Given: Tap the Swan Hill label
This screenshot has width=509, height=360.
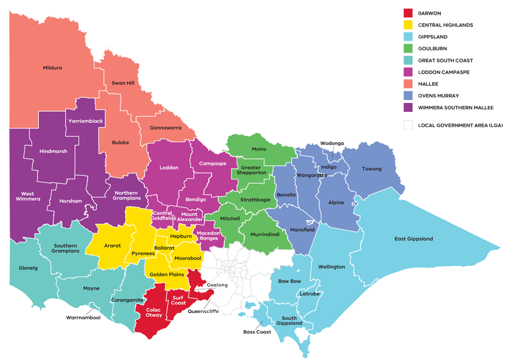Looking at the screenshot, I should pyautogui.click(x=123, y=83).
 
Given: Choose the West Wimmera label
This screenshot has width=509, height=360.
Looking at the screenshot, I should pyautogui.click(x=27, y=196).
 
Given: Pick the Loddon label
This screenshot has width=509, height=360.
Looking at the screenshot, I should pyautogui.click(x=169, y=168).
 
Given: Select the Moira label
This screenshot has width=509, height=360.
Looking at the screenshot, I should pyautogui.click(x=260, y=149).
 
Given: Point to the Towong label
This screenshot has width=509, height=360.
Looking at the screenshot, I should pyautogui.click(x=372, y=169).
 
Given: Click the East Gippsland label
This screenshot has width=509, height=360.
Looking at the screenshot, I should pyautogui.click(x=414, y=239).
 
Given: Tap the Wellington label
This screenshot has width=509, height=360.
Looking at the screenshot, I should pyautogui.click(x=331, y=267).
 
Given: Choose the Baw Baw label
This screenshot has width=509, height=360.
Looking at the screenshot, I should pyautogui.click(x=289, y=280).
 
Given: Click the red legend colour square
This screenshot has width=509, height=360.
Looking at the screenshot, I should pyautogui.click(x=408, y=13).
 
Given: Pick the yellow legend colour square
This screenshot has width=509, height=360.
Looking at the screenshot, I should pyautogui.click(x=408, y=25).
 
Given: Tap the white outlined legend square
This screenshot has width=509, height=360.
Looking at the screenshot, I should pyautogui.click(x=408, y=125).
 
